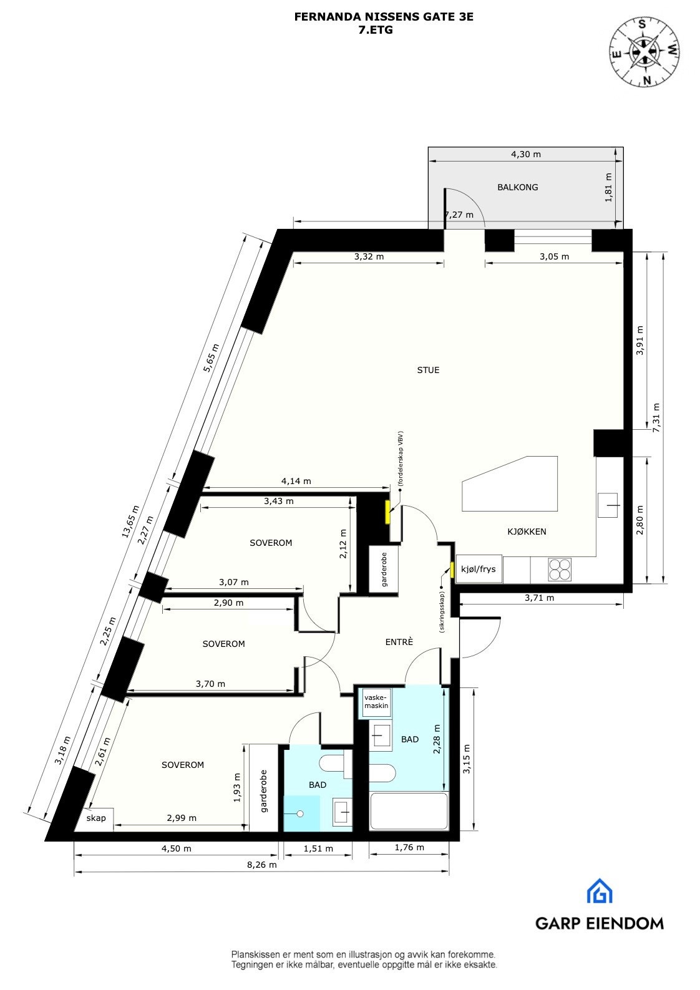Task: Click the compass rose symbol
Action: [644, 52]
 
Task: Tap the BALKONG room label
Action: [517, 187]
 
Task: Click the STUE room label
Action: [428, 370]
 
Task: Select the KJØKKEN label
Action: [527, 531]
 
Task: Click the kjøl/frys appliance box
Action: [479, 569]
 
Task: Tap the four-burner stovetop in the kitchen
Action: [560, 570]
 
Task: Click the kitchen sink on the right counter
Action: [609, 505]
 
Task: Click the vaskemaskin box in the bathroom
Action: [376, 702]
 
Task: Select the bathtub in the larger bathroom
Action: [409, 811]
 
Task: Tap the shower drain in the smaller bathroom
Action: [300, 813]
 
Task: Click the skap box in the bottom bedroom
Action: [95, 818]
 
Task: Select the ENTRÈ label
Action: [399, 642]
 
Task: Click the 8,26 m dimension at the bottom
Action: [261, 865]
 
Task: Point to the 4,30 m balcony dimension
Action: [525, 154]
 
